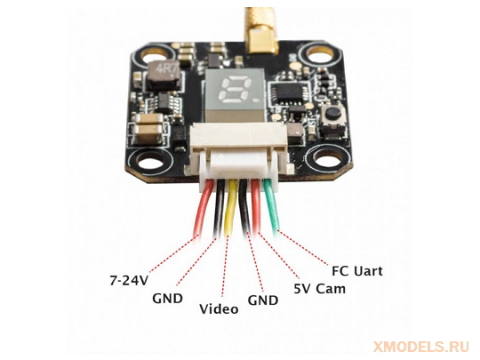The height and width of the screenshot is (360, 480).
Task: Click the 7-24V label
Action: pyautogui.click(x=129, y=280)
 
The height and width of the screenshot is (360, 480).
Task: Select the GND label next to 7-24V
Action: pyautogui.click(x=167, y=299)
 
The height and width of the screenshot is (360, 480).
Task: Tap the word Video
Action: pyautogui.click(x=219, y=308)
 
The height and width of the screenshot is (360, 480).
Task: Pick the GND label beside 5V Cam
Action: pyautogui.click(x=263, y=300)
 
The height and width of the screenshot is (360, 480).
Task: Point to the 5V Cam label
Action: pyautogui.click(x=320, y=289)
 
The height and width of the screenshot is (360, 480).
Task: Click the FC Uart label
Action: pyautogui.click(x=357, y=271)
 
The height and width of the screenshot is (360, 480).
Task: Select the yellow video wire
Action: pyautogui.click(x=230, y=207)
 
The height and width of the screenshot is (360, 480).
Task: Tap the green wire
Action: pyautogui.click(x=271, y=204)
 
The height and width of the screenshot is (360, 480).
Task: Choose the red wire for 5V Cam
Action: pyautogui.click(x=256, y=206)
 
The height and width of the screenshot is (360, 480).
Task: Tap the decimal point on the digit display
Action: pyautogui.click(x=256, y=100)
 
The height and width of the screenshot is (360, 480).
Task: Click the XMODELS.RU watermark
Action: pyautogui.click(x=421, y=347)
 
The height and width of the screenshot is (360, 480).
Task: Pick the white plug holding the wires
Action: pyautogui.click(x=239, y=165)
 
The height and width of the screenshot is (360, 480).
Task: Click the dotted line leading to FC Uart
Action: pyautogui.click(x=302, y=247)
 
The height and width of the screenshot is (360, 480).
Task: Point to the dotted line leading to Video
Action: pyautogui.click(x=225, y=266)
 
